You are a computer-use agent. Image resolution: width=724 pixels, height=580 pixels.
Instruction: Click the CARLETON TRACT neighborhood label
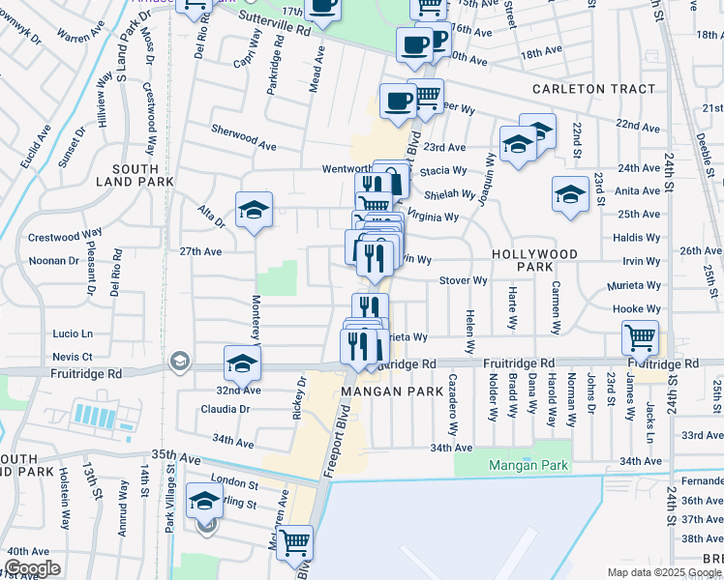pyautogui.click(x=593, y=89)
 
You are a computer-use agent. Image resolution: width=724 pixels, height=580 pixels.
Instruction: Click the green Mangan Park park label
pyautogui.click(x=526, y=465)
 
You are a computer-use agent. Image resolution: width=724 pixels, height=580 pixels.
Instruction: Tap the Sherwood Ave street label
pyautogui.click(x=244, y=134)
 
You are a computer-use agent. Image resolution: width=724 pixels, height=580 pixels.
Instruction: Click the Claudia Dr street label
pyautogui.click(x=226, y=409)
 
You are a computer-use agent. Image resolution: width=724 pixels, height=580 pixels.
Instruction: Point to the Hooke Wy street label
pyautogui.click(x=636, y=309)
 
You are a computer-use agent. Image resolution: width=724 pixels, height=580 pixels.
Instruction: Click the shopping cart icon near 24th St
pyautogui.click(x=640, y=338)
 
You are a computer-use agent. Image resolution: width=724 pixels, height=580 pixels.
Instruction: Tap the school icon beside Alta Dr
pyautogui.click(x=254, y=210)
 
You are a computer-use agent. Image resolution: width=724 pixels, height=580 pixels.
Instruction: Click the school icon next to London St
pyautogui.click(x=204, y=501)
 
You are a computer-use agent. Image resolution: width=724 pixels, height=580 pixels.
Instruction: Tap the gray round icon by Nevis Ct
pyautogui.click(x=179, y=362)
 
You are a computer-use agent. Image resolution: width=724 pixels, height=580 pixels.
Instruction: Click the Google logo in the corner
pyautogui.click(x=32, y=568)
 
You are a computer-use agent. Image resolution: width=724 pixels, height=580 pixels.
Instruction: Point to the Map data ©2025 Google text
pyautogui.click(x=663, y=572)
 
